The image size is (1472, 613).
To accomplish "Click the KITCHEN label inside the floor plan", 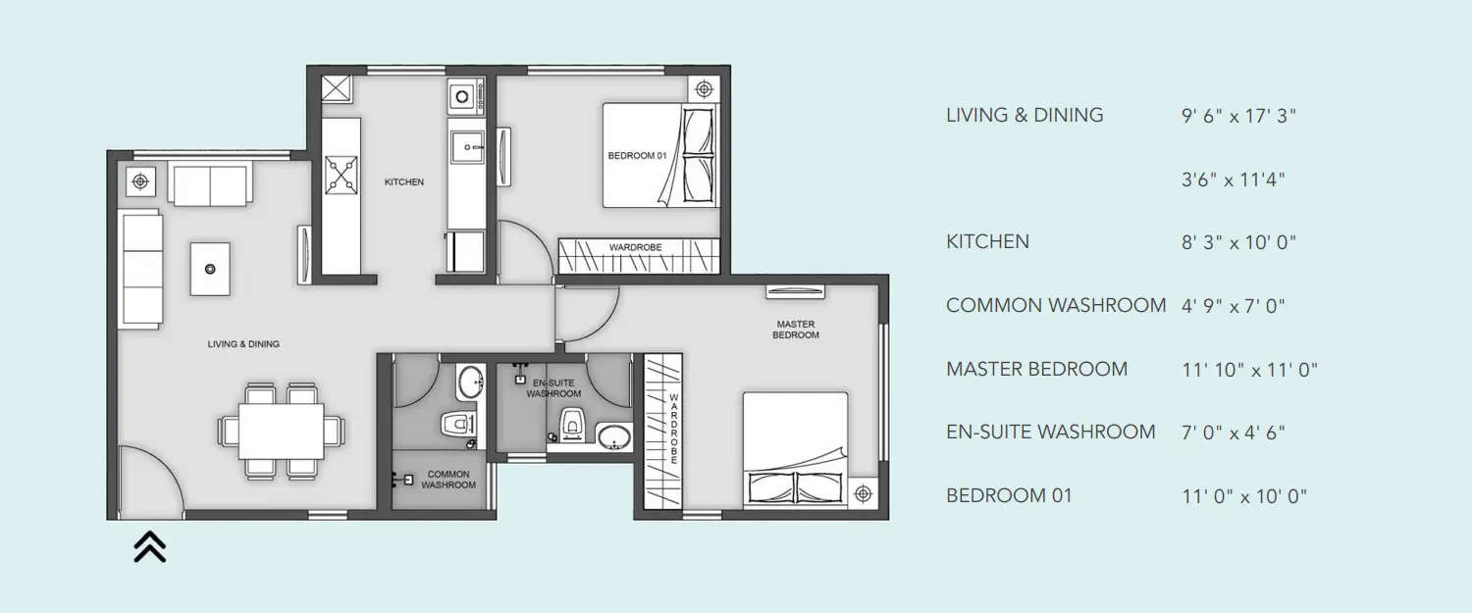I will point(404,182).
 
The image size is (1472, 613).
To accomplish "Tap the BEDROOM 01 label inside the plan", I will point(637,156).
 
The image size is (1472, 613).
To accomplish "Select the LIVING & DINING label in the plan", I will point(243,344).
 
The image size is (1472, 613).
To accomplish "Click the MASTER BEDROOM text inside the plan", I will point(796,330).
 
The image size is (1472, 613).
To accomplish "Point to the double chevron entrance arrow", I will point(149,546).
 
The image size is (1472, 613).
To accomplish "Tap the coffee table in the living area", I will point(210,269).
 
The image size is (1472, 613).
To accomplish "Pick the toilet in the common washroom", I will point(458,424).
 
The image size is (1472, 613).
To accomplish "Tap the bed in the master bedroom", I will point(795,449).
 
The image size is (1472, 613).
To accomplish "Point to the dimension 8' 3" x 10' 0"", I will point(1239,242).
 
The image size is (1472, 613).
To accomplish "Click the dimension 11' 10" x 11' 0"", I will point(1249,370).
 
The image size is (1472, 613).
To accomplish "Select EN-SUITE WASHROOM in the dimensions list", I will point(1050,432).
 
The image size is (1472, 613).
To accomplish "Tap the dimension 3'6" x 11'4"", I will point(1234,179).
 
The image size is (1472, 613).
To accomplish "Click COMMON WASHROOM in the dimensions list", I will point(1056,305).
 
